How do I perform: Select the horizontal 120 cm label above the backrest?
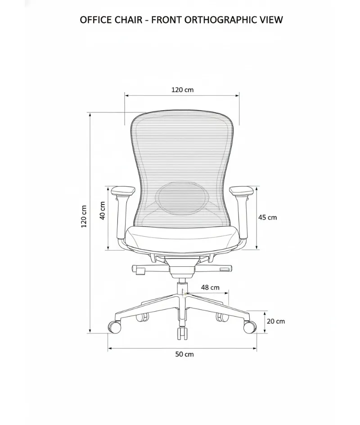[182, 89]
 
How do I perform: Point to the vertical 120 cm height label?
[84, 216]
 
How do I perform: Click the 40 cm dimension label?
[102, 210]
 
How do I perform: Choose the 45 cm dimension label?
[267, 217]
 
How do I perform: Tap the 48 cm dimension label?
[210, 287]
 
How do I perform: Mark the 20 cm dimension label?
[276, 321]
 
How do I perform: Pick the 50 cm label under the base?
[184, 354]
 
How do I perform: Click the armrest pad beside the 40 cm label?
[123, 190]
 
